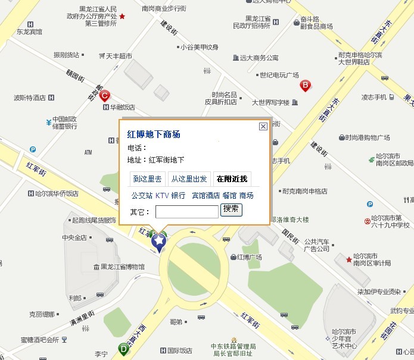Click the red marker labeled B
306,85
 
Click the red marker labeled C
104,95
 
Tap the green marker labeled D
123,349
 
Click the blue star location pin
159,241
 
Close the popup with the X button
263,126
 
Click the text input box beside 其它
186,211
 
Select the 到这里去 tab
147,179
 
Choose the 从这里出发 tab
189,179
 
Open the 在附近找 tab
231,179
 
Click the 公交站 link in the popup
142,195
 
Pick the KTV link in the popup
162,195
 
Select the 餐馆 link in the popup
229,195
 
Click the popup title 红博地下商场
154,134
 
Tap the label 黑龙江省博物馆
122,267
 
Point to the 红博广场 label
250,257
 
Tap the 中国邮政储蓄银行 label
64,122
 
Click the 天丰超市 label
119,56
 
